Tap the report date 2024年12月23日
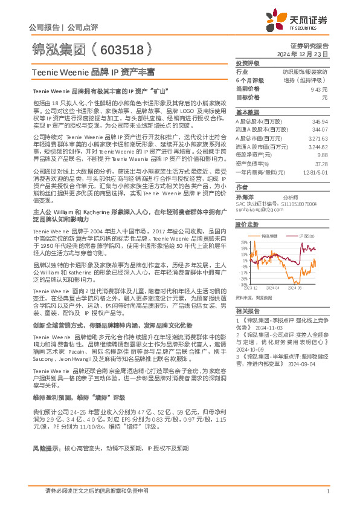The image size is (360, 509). point(309,54)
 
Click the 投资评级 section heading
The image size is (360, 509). point(247,63)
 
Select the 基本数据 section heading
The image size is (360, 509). point(247,112)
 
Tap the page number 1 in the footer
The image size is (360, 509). point(327,491)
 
